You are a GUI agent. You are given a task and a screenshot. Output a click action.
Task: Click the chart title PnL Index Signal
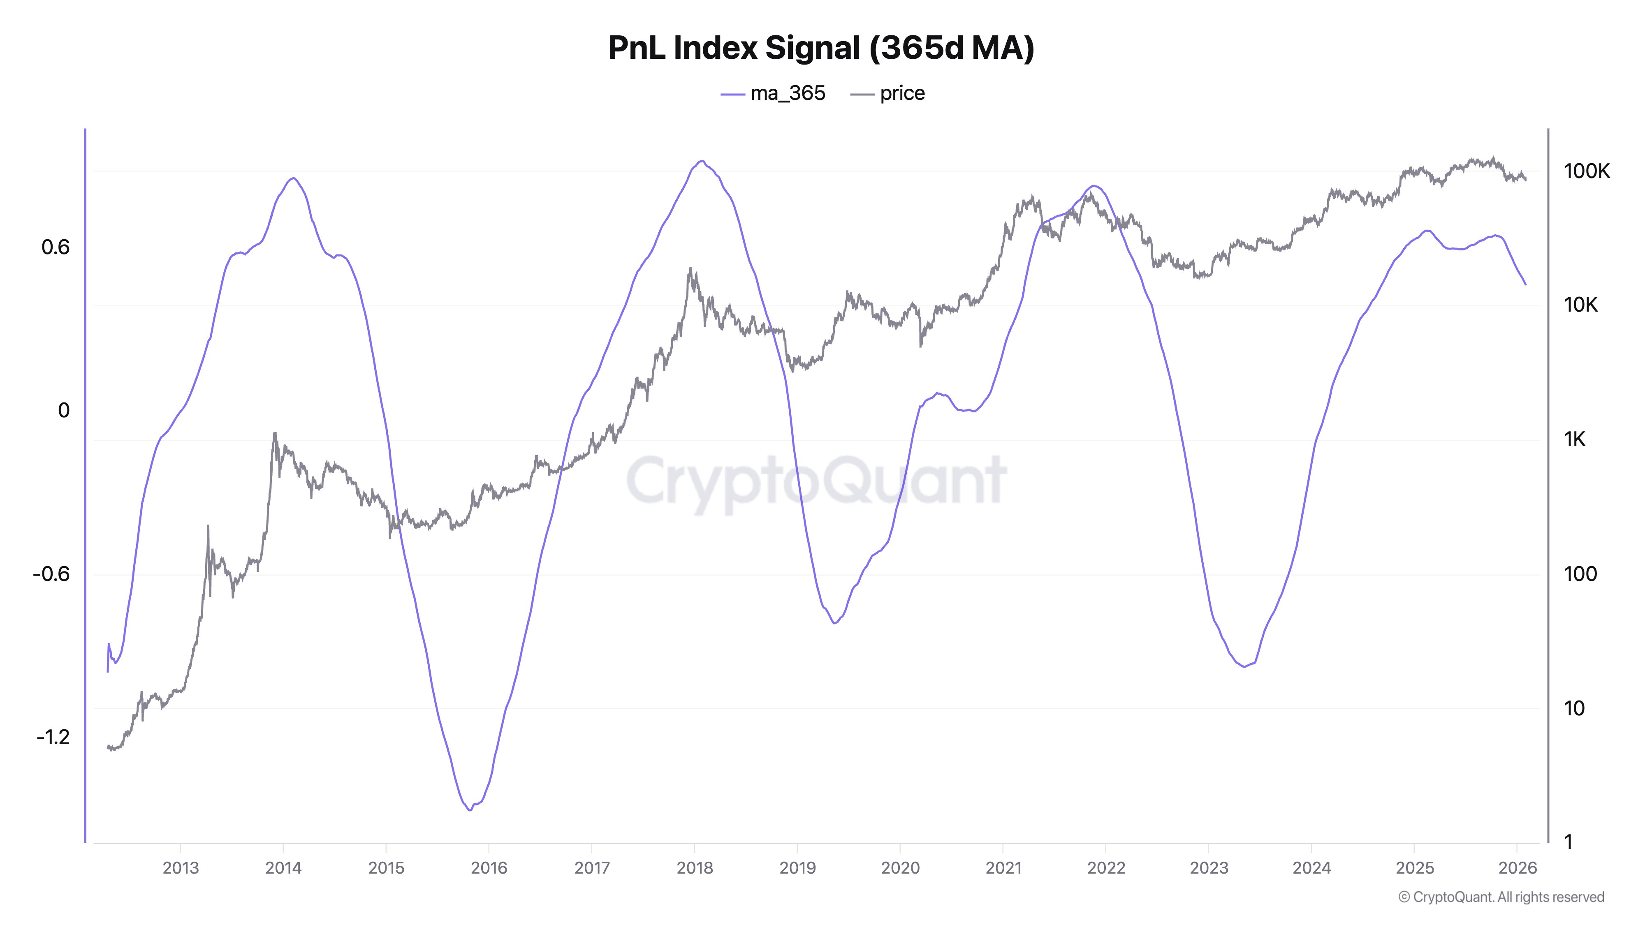click(x=821, y=47)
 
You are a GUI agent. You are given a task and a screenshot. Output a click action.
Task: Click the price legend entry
click(x=888, y=93)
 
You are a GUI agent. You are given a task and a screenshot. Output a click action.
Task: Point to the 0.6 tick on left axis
click(x=56, y=247)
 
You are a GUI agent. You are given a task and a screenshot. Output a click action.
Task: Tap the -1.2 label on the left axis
click(x=53, y=737)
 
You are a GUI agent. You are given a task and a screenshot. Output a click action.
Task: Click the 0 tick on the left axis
click(x=63, y=410)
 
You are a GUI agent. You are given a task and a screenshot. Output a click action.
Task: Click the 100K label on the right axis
click(x=1586, y=171)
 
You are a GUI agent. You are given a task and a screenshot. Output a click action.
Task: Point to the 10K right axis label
click(x=1580, y=305)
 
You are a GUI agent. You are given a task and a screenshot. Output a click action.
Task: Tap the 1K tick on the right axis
click(x=1574, y=439)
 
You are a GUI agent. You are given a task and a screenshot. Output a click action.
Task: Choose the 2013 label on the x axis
click(x=181, y=868)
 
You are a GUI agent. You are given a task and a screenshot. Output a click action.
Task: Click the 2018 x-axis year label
click(x=694, y=868)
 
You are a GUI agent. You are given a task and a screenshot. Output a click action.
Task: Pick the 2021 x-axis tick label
click(x=1003, y=868)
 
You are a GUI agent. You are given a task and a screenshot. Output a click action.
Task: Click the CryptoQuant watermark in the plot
click(x=816, y=480)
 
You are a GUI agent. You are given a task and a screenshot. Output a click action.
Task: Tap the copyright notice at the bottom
click(x=1501, y=897)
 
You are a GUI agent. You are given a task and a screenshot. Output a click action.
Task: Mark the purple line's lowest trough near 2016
click(x=470, y=810)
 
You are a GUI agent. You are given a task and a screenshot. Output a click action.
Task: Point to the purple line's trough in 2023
click(x=1244, y=666)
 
